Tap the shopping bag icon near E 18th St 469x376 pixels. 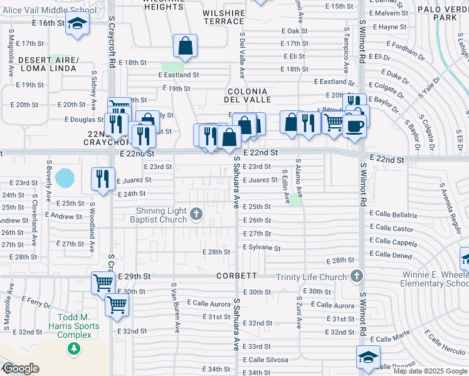tap(186, 46)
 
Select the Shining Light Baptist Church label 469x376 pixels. tap(159, 215)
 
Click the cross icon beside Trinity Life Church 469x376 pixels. tap(356, 276)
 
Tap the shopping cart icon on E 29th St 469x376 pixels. tap(103, 282)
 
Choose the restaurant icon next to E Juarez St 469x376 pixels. tap(103, 179)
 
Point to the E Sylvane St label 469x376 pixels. tap(262, 248)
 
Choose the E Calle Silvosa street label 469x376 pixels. tap(266, 360)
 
